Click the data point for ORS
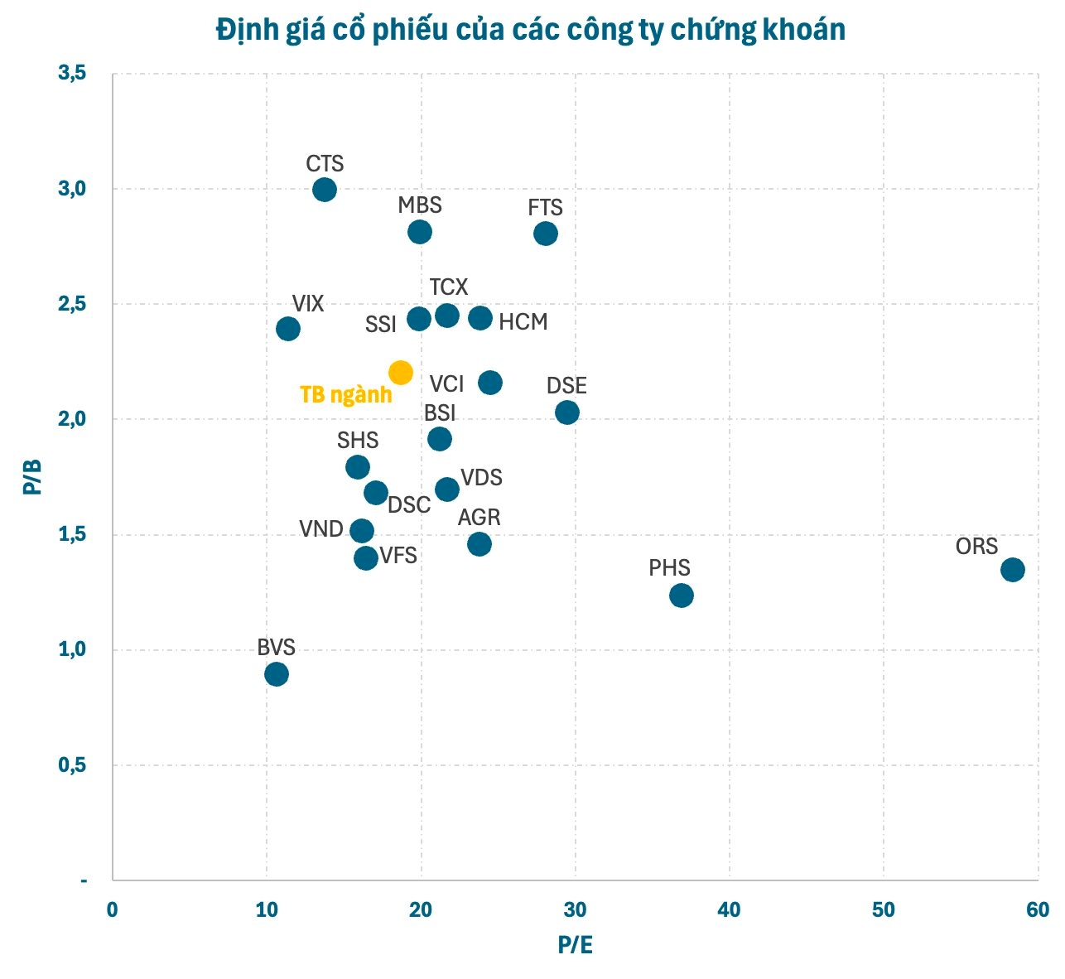click(1012, 569)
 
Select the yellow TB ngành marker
click(400, 373)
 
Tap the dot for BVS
click(277, 674)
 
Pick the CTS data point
click(325, 190)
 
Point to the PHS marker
click(682, 596)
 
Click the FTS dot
click(546, 234)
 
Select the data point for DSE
click(567, 412)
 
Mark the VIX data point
click(287, 329)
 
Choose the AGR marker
click(479, 544)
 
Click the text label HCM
click(523, 322)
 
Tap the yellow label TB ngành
click(345, 395)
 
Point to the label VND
click(321, 528)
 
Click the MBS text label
click(420, 205)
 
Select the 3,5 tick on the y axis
click(71, 74)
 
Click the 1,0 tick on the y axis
click(71, 649)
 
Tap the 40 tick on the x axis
click(729, 909)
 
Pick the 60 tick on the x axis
click(1037, 909)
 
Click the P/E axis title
click(575, 945)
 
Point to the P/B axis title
click(32, 477)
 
